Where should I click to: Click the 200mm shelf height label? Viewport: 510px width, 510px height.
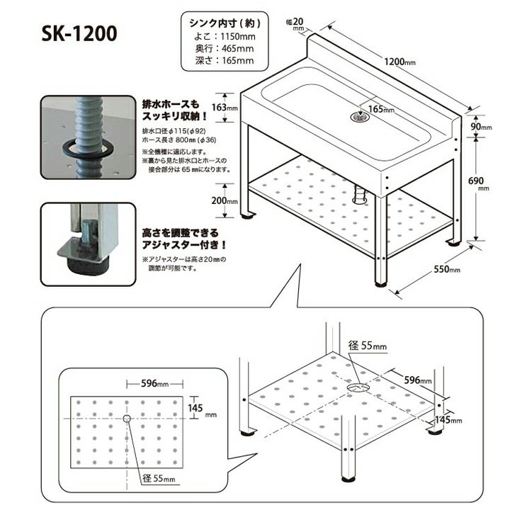coord(224,200)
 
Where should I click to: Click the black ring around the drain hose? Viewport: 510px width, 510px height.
coord(89,149)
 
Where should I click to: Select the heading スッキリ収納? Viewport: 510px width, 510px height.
coord(174,115)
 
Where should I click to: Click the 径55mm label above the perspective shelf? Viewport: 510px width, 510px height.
coord(368,346)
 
